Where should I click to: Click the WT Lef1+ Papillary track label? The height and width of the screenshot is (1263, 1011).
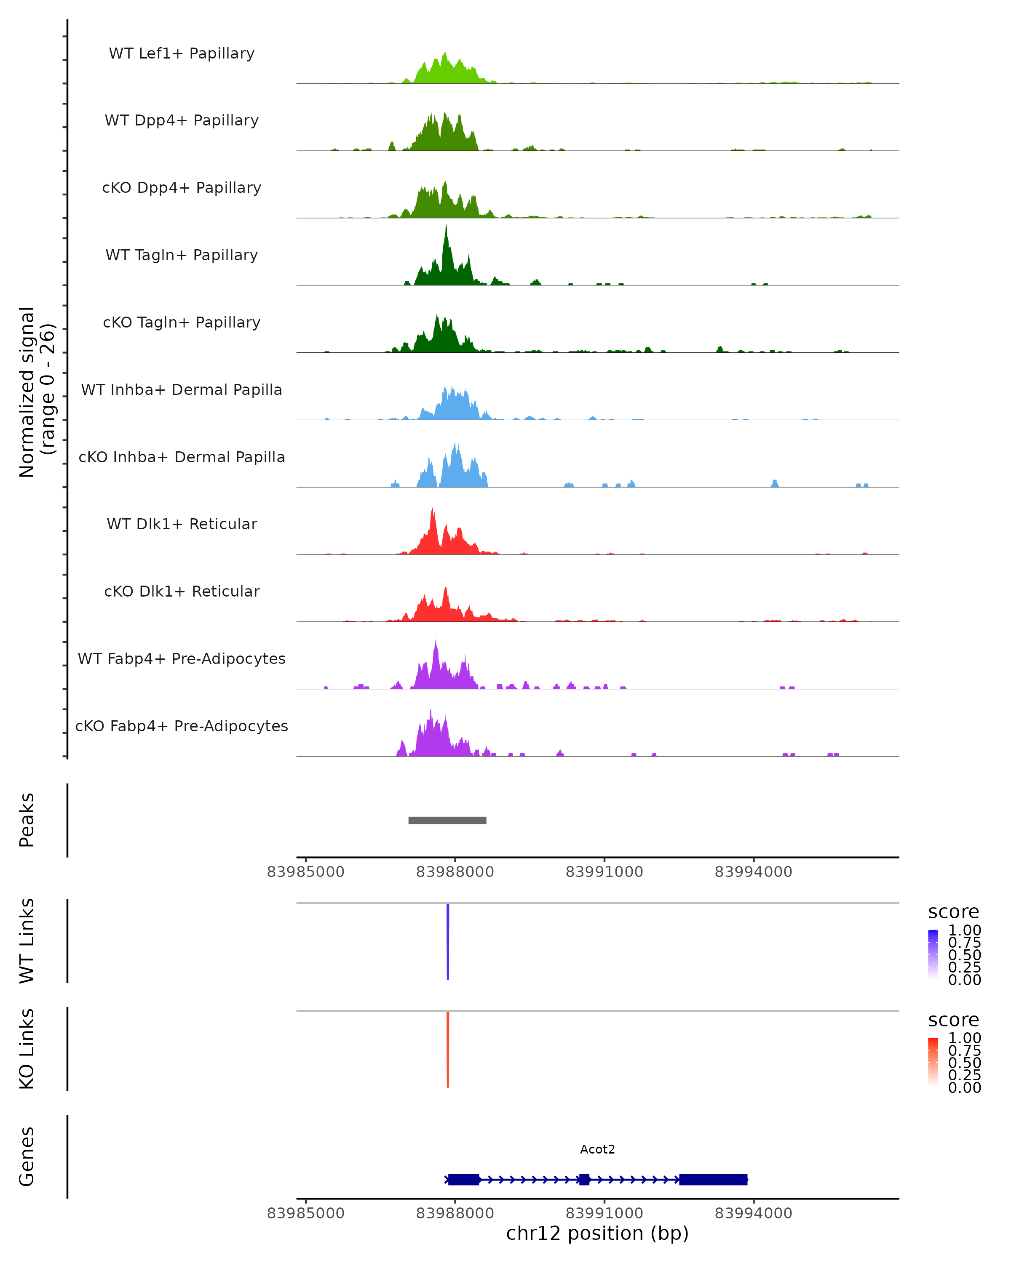pos(182,53)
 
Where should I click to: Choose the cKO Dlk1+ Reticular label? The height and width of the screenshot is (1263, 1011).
pos(182,591)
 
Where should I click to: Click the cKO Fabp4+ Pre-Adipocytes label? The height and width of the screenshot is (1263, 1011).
pos(182,726)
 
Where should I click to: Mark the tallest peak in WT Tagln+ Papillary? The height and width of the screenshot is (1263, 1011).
pos(446,227)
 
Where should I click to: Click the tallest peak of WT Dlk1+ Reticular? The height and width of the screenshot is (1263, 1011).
pos(433,510)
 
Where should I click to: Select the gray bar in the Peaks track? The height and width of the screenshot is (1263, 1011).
pos(447,820)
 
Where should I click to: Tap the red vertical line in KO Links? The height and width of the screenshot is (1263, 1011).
pos(448,1049)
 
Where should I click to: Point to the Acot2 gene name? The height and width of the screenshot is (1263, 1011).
pos(597,1149)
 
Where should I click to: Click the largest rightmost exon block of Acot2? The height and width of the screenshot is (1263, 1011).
pos(713,1179)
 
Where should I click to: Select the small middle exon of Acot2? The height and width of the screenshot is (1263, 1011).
pos(584,1179)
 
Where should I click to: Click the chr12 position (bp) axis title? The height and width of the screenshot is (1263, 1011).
pos(597,1233)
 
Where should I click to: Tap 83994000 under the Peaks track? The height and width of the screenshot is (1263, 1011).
pos(753,872)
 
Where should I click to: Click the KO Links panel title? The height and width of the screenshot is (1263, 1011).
pos(27,1049)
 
